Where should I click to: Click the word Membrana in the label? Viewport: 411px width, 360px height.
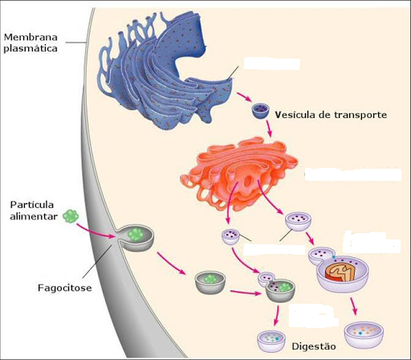[x=31, y=37]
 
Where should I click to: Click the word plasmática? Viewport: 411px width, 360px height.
[x=31, y=49]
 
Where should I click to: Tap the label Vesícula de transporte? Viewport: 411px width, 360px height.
[x=331, y=115]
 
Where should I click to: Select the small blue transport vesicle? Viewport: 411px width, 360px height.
[x=260, y=111]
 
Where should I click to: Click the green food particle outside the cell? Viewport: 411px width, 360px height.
[x=71, y=216]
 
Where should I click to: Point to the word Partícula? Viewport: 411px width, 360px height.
[x=32, y=205]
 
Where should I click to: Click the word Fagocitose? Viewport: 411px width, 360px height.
[x=65, y=288]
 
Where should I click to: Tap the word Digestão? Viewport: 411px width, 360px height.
[x=314, y=346]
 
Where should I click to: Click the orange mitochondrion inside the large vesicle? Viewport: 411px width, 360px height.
[x=340, y=272]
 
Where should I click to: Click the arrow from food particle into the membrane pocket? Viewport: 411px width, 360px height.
[x=96, y=231]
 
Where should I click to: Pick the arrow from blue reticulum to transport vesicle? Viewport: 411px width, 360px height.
[x=244, y=97]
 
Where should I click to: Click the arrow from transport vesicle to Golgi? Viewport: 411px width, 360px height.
[x=269, y=129]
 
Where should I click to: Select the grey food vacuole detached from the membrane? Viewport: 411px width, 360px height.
[x=210, y=282]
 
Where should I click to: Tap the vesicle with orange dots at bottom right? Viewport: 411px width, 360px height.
[x=364, y=334]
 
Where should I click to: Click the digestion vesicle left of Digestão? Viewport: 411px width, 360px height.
[x=271, y=341]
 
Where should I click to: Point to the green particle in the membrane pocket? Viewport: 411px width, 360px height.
[x=136, y=235]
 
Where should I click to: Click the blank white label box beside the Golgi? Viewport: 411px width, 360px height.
[x=353, y=174]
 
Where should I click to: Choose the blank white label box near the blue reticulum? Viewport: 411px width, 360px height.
[x=271, y=63]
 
